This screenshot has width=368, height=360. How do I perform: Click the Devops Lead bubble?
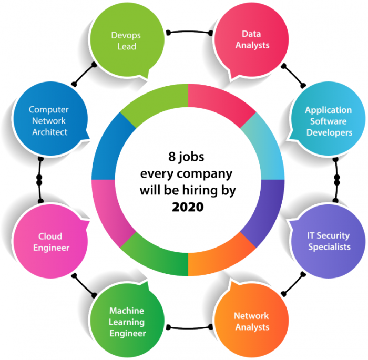pyautogui.click(x=127, y=40)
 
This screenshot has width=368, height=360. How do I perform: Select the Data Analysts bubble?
pyautogui.click(x=251, y=40)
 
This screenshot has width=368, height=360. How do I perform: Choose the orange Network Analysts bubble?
pyautogui.click(x=251, y=320)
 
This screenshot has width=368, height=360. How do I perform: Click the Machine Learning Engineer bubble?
pyautogui.click(x=127, y=320)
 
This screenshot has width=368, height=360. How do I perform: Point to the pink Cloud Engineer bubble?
pyautogui.click(x=50, y=241)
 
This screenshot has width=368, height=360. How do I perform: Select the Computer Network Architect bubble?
pyautogui.click(x=50, y=119)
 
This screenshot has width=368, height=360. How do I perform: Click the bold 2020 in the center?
pyautogui.click(x=188, y=207)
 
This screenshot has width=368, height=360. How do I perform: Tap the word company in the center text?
pyautogui.click(x=205, y=174)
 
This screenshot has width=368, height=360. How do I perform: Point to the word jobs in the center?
pyautogui.click(x=191, y=157)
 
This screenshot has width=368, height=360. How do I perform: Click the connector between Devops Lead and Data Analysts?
pyautogui.click(x=189, y=32)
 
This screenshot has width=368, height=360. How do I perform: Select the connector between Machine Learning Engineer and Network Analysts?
pyautogui.click(x=189, y=328)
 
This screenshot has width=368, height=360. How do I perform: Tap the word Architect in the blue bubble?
pyautogui.click(x=50, y=132)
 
